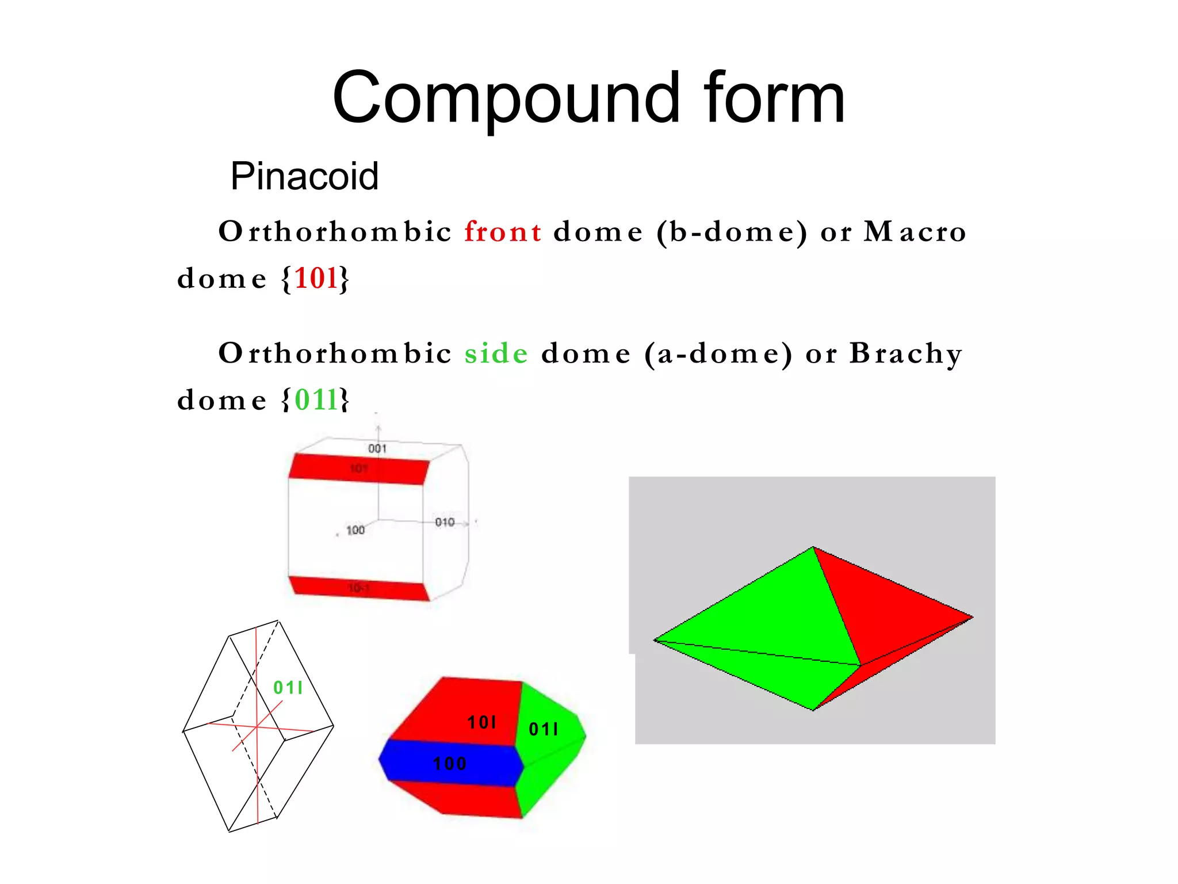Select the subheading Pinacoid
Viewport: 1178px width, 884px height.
pyautogui.click(x=304, y=176)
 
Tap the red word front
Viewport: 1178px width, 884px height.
pyautogui.click(x=503, y=232)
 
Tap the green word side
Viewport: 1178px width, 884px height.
pyautogui.click(x=496, y=353)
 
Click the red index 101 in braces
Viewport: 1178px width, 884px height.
pyautogui.click(x=316, y=279)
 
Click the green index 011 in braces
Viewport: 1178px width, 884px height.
pyautogui.click(x=316, y=400)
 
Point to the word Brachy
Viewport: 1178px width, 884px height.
pyautogui.click(x=905, y=353)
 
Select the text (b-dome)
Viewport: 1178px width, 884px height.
pyautogui.click(x=732, y=232)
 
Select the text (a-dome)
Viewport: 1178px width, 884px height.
pyautogui.click(x=718, y=353)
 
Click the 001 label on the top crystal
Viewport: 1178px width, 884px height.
pyautogui.click(x=377, y=448)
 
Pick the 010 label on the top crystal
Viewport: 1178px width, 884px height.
pyautogui.click(x=445, y=522)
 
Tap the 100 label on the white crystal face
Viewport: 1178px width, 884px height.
pyautogui.click(x=355, y=530)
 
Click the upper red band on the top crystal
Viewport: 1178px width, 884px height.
pyautogui.click(x=359, y=469)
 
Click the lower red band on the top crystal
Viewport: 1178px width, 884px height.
pyautogui.click(x=359, y=588)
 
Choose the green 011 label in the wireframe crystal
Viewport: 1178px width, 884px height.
pyautogui.click(x=288, y=688)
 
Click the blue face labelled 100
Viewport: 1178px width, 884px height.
pyautogui.click(x=450, y=764)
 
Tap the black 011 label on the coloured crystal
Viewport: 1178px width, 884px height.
pyautogui.click(x=543, y=730)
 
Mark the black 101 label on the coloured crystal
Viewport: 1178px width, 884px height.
pyautogui.click(x=481, y=722)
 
